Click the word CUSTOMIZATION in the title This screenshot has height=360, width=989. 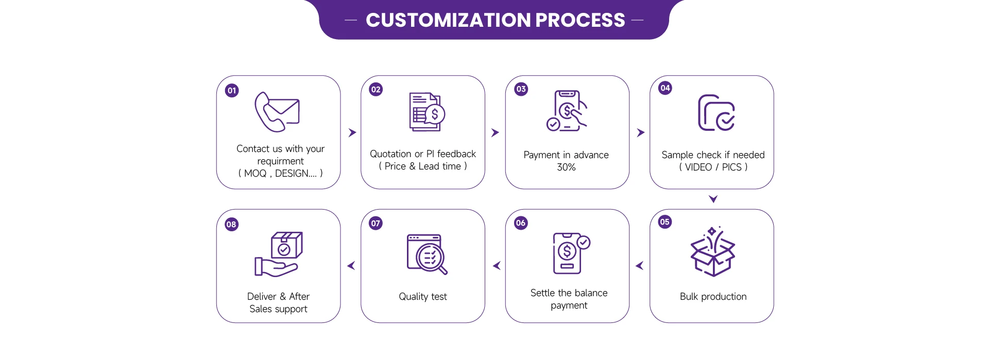click(448, 20)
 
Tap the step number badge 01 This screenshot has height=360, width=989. click(232, 91)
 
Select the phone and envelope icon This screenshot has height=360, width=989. click(277, 112)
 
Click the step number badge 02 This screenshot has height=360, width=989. click(376, 90)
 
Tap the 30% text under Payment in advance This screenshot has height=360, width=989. click(566, 167)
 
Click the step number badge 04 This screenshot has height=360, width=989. click(665, 88)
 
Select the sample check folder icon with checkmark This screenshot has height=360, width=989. click(716, 113)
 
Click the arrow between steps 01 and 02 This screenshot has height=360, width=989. click(352, 133)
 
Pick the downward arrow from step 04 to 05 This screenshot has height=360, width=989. click(713, 199)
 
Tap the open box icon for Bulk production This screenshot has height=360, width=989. click(712, 252)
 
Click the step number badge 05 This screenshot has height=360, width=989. click(664, 222)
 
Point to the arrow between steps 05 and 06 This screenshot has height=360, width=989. click(639, 266)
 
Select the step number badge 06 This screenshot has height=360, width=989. click(521, 223)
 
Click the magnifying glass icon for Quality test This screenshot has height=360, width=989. click(427, 254)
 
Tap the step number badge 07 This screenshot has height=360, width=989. click(376, 224)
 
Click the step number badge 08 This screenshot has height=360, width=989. click(231, 225)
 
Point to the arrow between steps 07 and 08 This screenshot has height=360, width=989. click(351, 266)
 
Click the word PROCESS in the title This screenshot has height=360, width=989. click(580, 20)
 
